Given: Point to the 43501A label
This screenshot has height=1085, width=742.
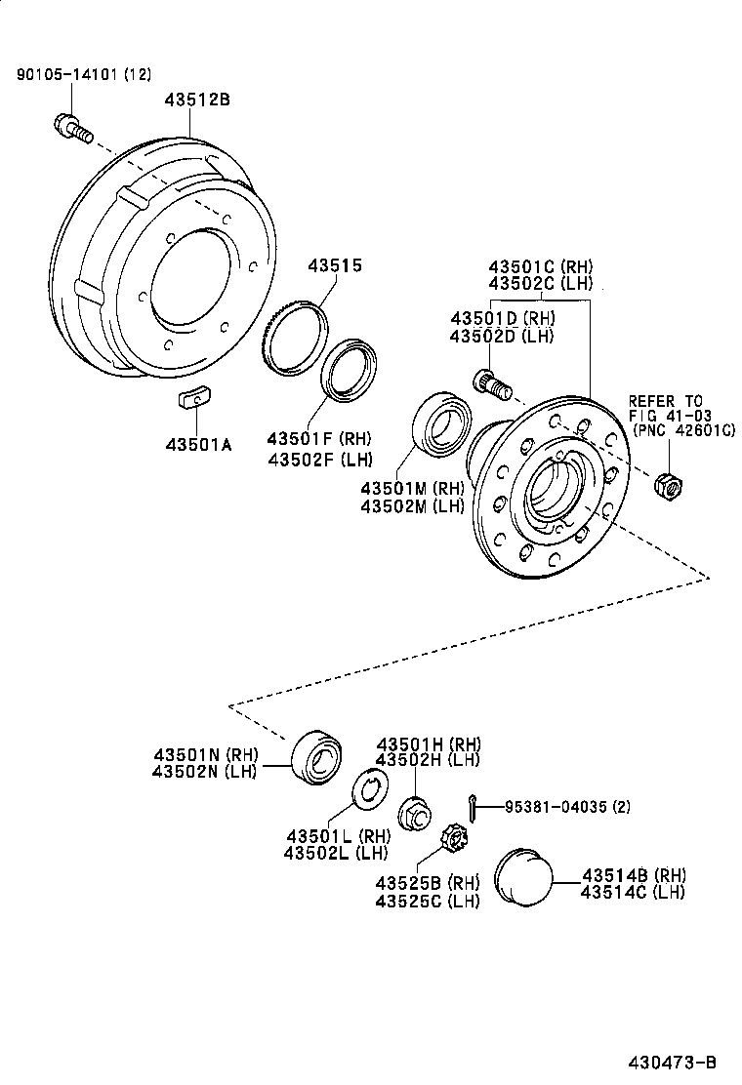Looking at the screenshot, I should tap(198, 445).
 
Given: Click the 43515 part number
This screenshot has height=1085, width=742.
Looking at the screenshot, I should tap(335, 264).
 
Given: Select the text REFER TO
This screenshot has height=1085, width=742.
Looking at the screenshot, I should tap(665, 401).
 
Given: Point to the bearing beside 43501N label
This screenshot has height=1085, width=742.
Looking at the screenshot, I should tap(315, 756).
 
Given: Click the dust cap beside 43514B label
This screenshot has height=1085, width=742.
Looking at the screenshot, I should tap(523, 876).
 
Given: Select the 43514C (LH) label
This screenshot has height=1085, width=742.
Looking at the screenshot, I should tap(632, 891).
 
